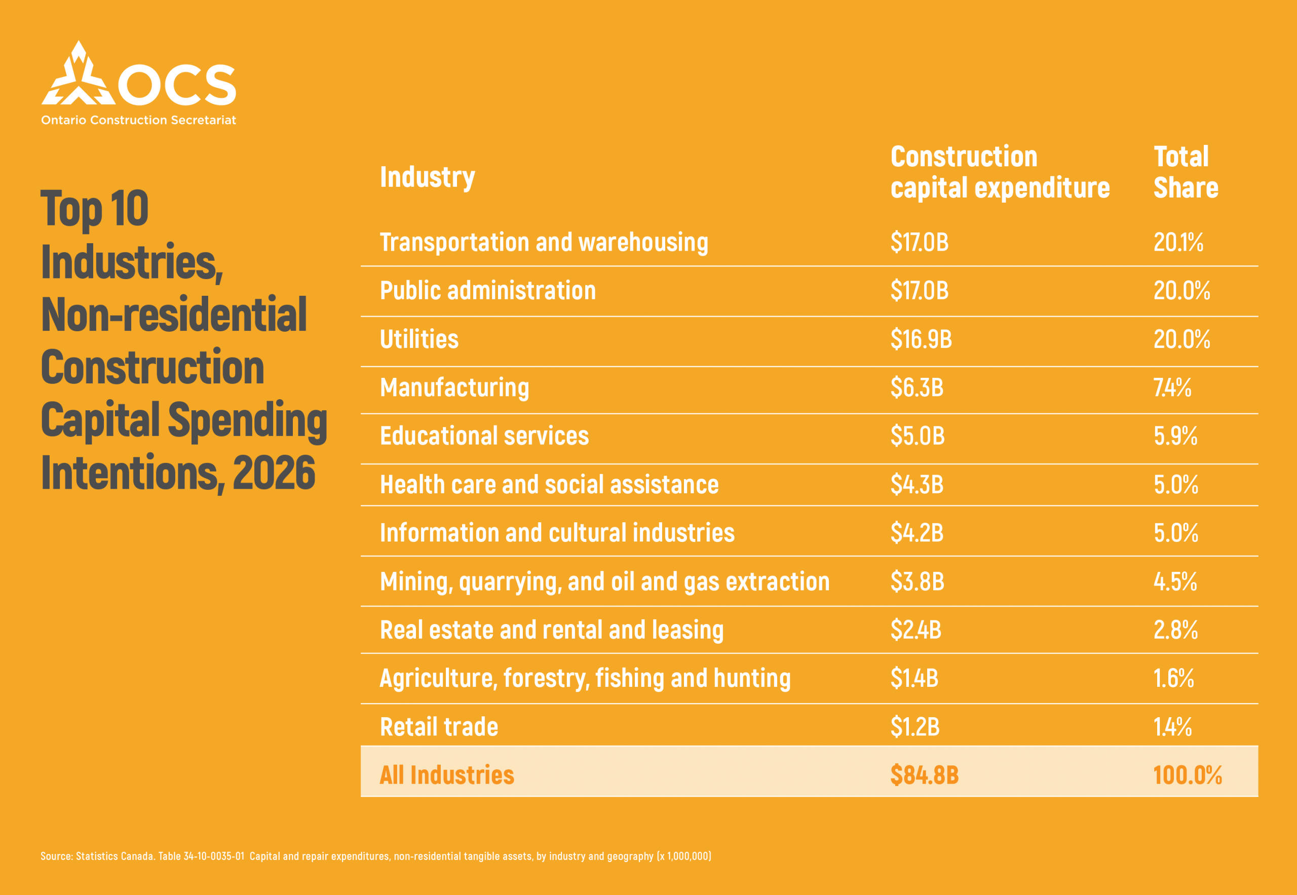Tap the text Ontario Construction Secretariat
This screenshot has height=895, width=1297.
click(138, 120)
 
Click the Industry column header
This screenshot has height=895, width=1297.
click(427, 177)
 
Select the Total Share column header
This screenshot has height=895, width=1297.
click(1186, 172)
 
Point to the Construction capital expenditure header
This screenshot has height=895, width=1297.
click(1000, 172)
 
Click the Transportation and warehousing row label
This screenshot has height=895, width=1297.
click(544, 242)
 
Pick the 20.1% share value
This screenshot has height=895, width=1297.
click(1178, 242)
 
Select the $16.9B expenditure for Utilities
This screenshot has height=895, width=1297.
click(921, 339)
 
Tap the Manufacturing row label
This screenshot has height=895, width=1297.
click(454, 387)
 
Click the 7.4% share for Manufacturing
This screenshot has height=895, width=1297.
click(1172, 387)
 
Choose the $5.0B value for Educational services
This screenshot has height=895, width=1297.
click(918, 436)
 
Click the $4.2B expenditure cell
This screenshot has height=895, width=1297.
click(917, 533)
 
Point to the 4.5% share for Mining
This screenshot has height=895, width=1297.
click(1175, 581)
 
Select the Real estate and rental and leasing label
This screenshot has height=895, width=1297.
click(551, 630)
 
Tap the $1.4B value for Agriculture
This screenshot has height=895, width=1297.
click(914, 678)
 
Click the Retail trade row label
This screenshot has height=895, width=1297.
click(439, 727)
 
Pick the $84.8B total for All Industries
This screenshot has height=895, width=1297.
click(925, 775)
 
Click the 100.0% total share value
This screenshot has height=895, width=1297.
click(1188, 775)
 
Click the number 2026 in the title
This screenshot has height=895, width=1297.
click(274, 473)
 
